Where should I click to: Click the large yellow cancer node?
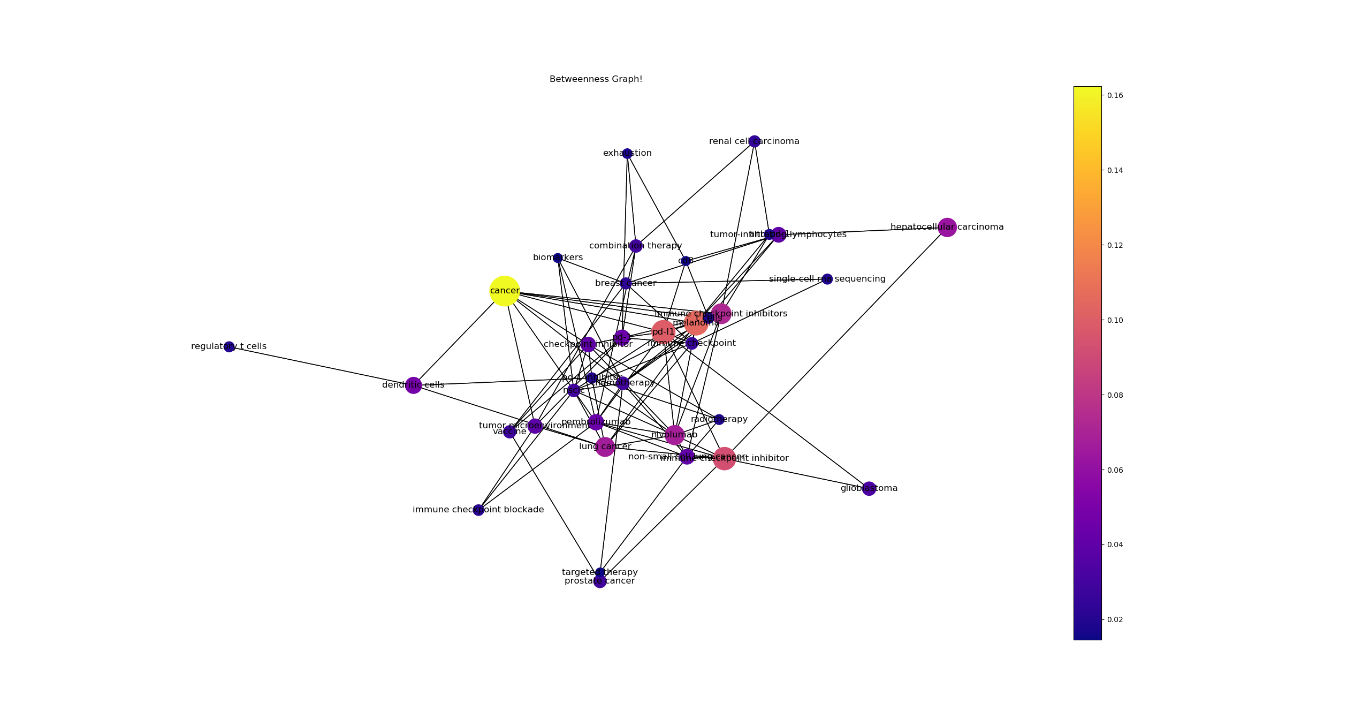point(504,291)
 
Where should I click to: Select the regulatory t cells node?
point(229,347)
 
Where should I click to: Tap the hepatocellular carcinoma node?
point(947,228)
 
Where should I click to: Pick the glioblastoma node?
point(869,489)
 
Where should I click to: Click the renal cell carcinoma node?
point(755,142)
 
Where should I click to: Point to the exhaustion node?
point(627,154)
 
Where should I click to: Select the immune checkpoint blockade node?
point(478,510)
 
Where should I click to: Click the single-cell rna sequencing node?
point(827,279)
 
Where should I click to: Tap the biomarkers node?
point(558,258)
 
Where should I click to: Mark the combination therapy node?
point(636,246)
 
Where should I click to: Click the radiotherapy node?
point(719,420)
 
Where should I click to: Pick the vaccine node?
point(509,432)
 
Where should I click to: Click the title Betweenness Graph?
point(596,80)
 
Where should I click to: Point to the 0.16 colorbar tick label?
point(1115,96)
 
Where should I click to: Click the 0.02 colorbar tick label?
point(1115,620)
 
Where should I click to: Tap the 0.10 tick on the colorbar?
point(1115,321)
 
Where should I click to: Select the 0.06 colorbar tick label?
point(1115,471)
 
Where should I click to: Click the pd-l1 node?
point(663,332)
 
